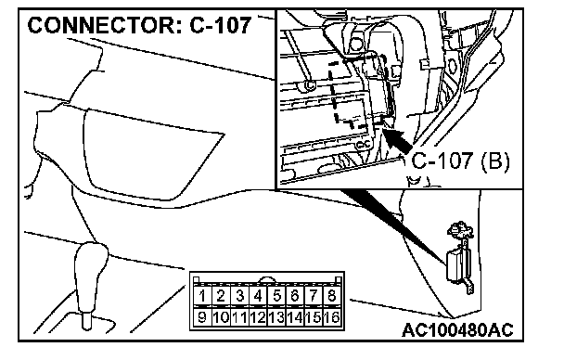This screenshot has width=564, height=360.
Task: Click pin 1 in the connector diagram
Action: tap(202, 296)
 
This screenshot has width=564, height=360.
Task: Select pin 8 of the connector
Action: tap(332, 296)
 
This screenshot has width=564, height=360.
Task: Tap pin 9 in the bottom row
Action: tap(202, 317)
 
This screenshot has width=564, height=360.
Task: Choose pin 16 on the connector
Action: tap(332, 317)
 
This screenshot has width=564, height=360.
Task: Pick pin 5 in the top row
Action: tap(276, 296)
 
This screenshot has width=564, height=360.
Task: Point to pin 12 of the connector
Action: tap(258, 317)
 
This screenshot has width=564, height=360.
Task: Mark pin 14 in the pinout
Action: tap(295, 317)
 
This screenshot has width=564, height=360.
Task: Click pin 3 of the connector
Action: tap(239, 296)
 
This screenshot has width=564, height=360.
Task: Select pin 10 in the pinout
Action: tap(221, 317)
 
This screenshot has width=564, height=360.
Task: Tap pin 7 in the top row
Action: tap(314, 296)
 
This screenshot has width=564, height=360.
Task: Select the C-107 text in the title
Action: tap(220, 26)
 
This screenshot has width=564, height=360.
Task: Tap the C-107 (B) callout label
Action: tap(460, 161)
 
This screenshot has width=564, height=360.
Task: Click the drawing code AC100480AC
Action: tap(457, 329)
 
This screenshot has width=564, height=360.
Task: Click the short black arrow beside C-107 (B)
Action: tap(397, 140)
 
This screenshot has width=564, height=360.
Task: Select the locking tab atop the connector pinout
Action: tap(267, 279)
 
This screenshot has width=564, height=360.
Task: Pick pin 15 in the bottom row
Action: tap(314, 317)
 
